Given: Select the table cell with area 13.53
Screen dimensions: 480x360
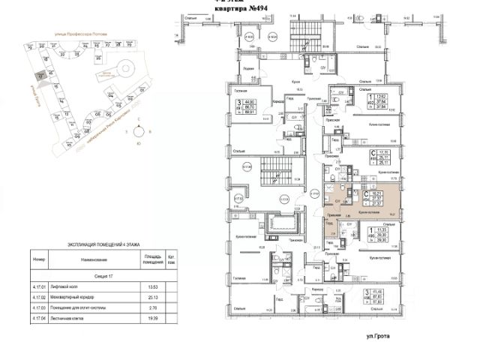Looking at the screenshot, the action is click(x=153, y=286).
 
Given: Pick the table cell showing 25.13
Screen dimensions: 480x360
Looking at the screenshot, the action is click(x=153, y=297).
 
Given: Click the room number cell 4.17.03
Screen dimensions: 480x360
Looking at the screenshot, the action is click(x=40, y=307).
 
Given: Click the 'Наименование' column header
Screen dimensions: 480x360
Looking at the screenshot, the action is click(x=93, y=260).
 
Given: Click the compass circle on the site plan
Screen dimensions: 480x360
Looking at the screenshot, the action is click(x=136, y=132).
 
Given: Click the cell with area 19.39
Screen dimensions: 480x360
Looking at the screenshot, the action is click(x=153, y=318).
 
